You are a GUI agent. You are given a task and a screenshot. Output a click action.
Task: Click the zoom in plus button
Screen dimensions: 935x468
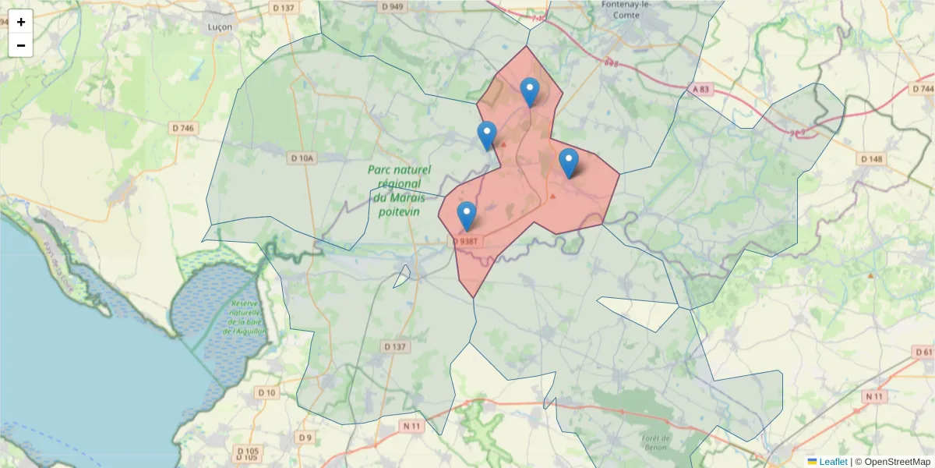tap(21, 22)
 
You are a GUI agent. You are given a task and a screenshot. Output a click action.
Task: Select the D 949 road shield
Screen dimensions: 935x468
tap(393, 7)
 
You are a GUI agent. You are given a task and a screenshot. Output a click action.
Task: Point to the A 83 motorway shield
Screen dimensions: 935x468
tap(700, 90)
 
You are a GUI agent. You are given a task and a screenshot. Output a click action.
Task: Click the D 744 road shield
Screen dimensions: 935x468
tap(922, 89)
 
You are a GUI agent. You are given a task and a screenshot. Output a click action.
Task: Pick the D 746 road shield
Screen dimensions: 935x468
tap(183, 127)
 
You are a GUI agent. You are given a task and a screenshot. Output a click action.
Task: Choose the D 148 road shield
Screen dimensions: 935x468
tap(872, 159)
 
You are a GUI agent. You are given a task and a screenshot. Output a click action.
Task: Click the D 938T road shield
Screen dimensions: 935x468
tap(465, 242)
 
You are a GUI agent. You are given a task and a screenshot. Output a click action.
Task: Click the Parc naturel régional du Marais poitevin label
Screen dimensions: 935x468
tap(397, 190)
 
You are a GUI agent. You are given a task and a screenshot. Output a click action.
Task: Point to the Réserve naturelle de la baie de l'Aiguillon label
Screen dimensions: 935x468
tap(245, 317)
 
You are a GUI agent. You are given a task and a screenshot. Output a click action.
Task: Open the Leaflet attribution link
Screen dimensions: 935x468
tap(832, 462)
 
